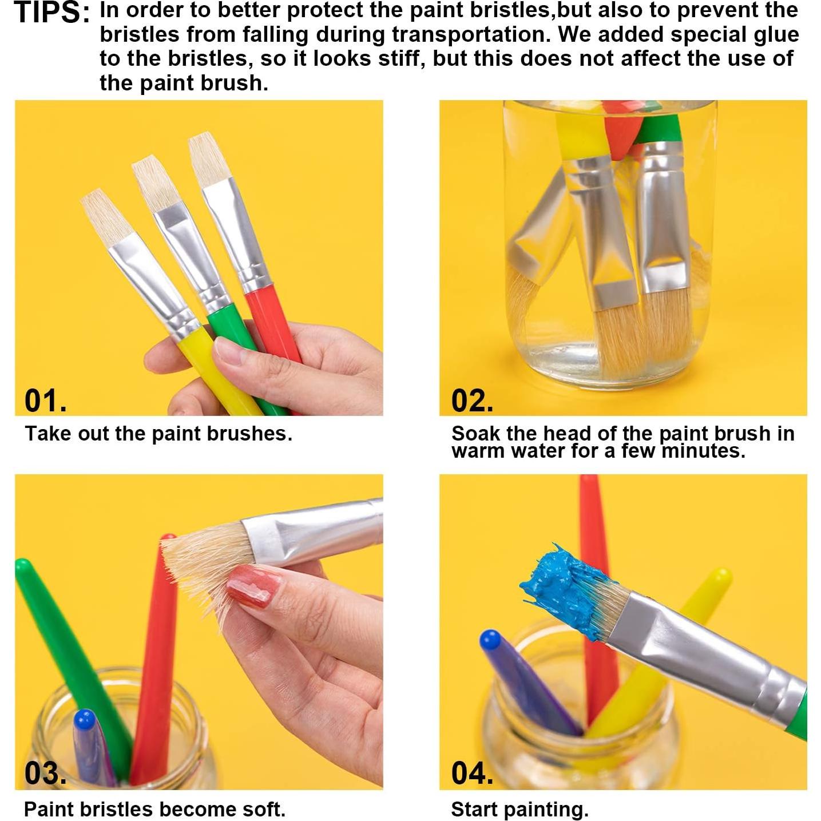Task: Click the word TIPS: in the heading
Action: tap(51, 13)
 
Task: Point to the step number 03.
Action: tap(45, 773)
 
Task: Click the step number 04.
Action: tap(472, 773)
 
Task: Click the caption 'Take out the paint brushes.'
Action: tap(158, 434)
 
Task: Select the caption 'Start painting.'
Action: tap(519, 809)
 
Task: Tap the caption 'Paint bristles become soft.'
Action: tap(154, 809)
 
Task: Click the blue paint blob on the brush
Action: tap(564, 586)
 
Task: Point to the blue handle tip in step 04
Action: tap(491, 640)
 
